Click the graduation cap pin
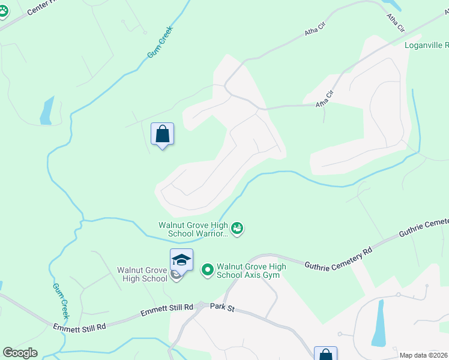point(181,260)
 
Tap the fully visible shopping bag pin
point(162,134)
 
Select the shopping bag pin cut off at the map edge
point(325,353)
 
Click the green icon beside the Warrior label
point(237,228)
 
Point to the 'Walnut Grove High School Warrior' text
point(193,229)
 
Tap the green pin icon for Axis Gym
point(208,270)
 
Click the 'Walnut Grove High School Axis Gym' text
point(251,271)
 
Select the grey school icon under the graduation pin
point(175,275)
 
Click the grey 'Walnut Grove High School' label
point(142,274)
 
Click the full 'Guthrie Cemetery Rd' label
point(338,257)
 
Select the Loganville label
point(426,44)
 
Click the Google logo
point(20,352)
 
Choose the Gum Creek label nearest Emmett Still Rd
point(62,301)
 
